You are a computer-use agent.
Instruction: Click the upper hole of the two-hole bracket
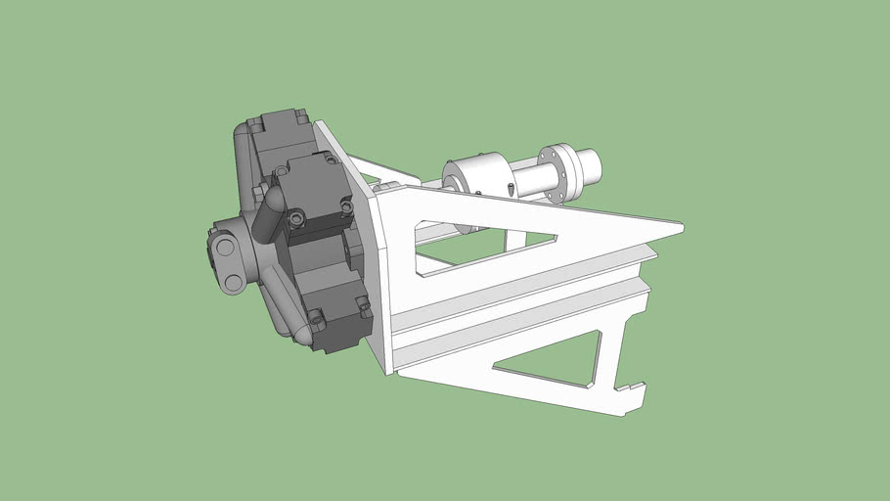click(x=223, y=244)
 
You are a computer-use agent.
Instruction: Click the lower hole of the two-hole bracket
click(x=233, y=282)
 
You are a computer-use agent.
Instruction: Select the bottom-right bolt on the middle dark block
click(x=347, y=205)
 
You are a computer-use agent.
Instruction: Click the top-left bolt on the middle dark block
click(x=284, y=171)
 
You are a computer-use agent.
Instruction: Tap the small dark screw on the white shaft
click(x=512, y=188)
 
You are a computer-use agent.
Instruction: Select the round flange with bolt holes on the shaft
click(x=555, y=174)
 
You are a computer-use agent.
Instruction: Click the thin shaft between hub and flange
click(x=528, y=179)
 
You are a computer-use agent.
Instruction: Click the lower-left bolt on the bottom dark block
click(x=318, y=317)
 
